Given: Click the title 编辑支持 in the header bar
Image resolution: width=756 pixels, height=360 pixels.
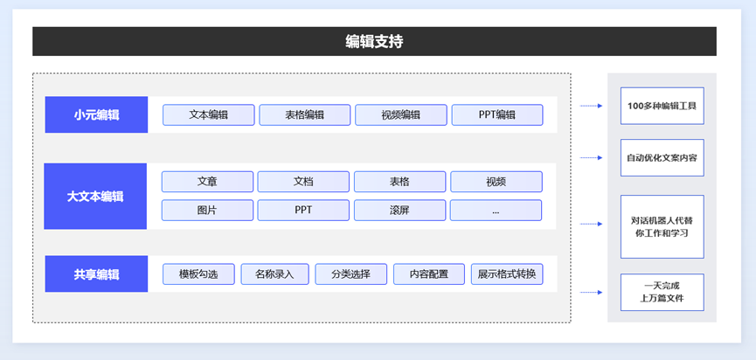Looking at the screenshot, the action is pos(374,42).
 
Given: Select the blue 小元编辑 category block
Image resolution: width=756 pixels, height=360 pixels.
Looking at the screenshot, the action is pos(96,114).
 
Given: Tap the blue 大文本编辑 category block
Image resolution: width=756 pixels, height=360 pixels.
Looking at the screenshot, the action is pos(95,196).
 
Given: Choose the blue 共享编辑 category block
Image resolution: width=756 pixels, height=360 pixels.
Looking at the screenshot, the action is pos(96,273).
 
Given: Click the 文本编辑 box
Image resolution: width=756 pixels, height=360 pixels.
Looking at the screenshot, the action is pos(208,115).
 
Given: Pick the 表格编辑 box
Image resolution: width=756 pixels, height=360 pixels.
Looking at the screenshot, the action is pos(305,115).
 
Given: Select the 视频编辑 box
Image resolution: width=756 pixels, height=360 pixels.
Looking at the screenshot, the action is pos(400,115).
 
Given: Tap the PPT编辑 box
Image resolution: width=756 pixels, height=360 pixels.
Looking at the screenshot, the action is pos(497,115).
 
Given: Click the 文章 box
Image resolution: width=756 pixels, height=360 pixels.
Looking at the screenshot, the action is pos(207,182).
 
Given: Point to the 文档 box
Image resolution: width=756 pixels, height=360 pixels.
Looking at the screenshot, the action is pos(303,182).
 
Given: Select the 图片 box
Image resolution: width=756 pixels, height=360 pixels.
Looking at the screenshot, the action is pos(207,210).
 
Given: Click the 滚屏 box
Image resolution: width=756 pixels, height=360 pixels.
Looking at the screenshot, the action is pos(399,210).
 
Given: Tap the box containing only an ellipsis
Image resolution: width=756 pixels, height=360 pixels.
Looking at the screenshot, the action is pos(496,210).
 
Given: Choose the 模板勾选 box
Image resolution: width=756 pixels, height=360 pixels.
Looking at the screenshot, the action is pos(198,274).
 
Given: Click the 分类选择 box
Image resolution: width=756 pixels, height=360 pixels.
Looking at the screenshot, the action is pos(351,274).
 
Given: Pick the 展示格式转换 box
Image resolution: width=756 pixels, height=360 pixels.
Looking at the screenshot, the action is pos(507,274).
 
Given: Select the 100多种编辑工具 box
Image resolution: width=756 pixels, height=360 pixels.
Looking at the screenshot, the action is pos(662,106).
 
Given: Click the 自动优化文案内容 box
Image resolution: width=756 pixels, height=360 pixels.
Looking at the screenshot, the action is pos(662,157).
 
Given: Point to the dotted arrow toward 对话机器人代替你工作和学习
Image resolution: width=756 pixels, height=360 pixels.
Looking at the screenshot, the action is pos(591,224).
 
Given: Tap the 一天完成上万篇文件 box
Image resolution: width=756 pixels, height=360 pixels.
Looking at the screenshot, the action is pos(662,292).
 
